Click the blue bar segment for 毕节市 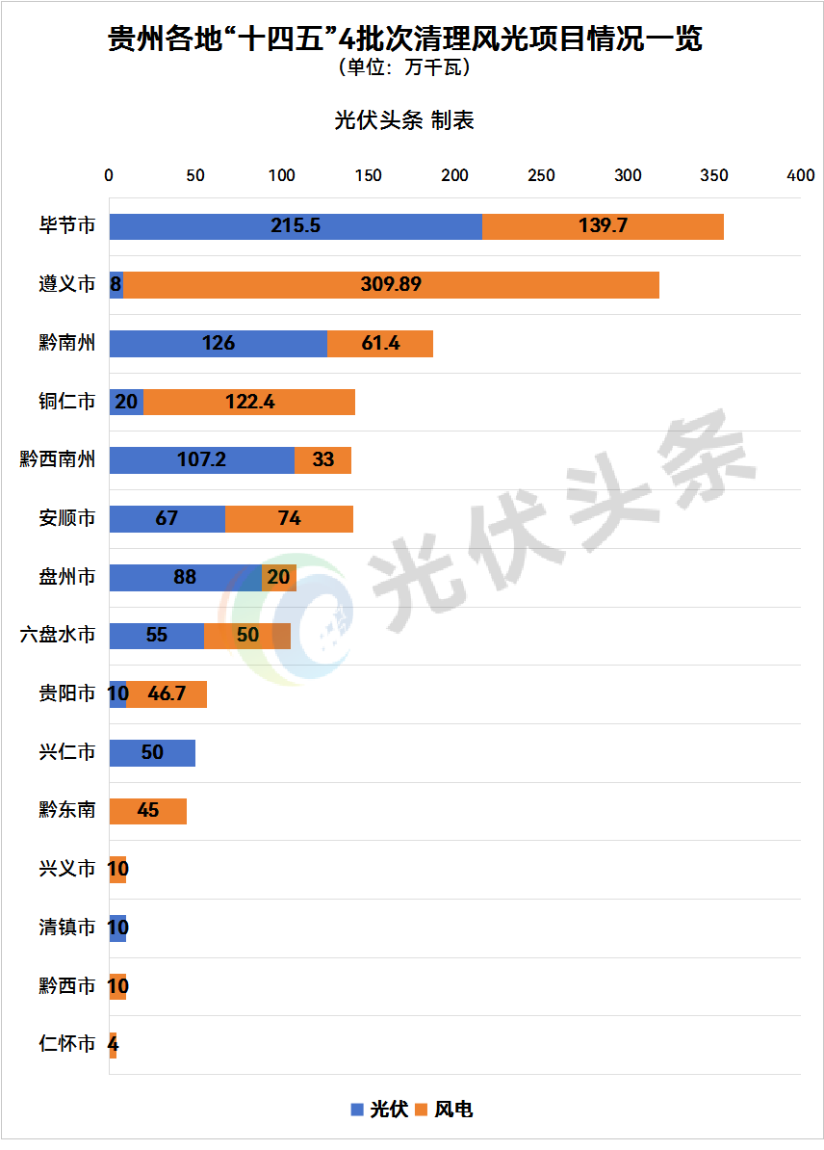coord(296,226)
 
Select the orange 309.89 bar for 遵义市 coord(391,285)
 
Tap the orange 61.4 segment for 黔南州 coord(380,344)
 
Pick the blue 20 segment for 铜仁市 coord(126,402)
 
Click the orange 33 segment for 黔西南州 coord(322,460)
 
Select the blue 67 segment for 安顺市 coord(167,518)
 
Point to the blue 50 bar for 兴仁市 coord(152,752)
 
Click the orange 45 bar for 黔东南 coord(147,811)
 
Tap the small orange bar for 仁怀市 coord(113,1044)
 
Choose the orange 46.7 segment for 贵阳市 coord(167,693)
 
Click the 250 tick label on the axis coord(542,175)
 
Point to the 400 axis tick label coord(801,175)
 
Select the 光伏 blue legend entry coord(379,1110)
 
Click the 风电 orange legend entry coord(444,1110)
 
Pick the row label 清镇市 coord(67,928)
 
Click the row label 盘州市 coord(67,577)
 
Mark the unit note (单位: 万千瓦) coord(404,69)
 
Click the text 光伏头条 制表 coord(404,120)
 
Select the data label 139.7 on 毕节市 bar coord(603,226)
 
